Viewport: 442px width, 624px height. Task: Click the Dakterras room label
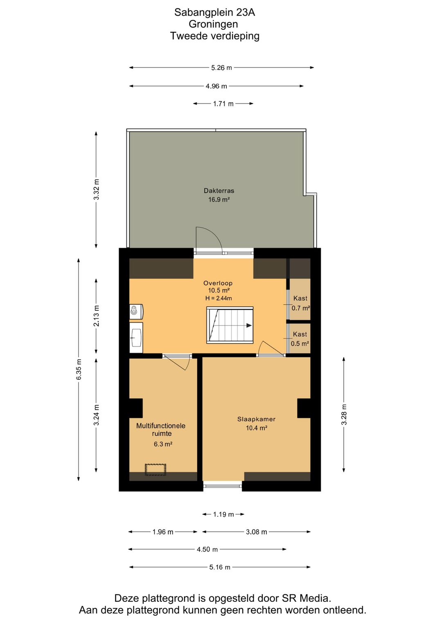click(219, 191)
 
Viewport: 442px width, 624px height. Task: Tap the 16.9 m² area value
click(219, 200)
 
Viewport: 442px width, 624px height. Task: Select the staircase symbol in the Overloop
click(230, 325)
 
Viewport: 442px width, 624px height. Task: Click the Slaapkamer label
click(256, 419)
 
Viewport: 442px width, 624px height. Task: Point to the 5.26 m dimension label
click(221, 68)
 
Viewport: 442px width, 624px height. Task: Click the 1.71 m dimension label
click(223, 104)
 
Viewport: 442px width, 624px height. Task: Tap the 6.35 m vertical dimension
click(79, 369)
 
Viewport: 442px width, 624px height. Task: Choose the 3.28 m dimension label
click(344, 415)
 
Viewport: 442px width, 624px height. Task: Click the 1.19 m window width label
click(223, 514)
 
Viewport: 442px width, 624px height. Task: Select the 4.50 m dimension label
click(207, 549)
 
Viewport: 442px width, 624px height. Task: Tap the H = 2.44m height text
click(219, 299)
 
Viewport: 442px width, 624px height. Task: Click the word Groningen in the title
click(213, 24)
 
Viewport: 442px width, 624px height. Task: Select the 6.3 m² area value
click(163, 444)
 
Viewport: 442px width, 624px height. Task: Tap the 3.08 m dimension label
click(256, 532)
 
